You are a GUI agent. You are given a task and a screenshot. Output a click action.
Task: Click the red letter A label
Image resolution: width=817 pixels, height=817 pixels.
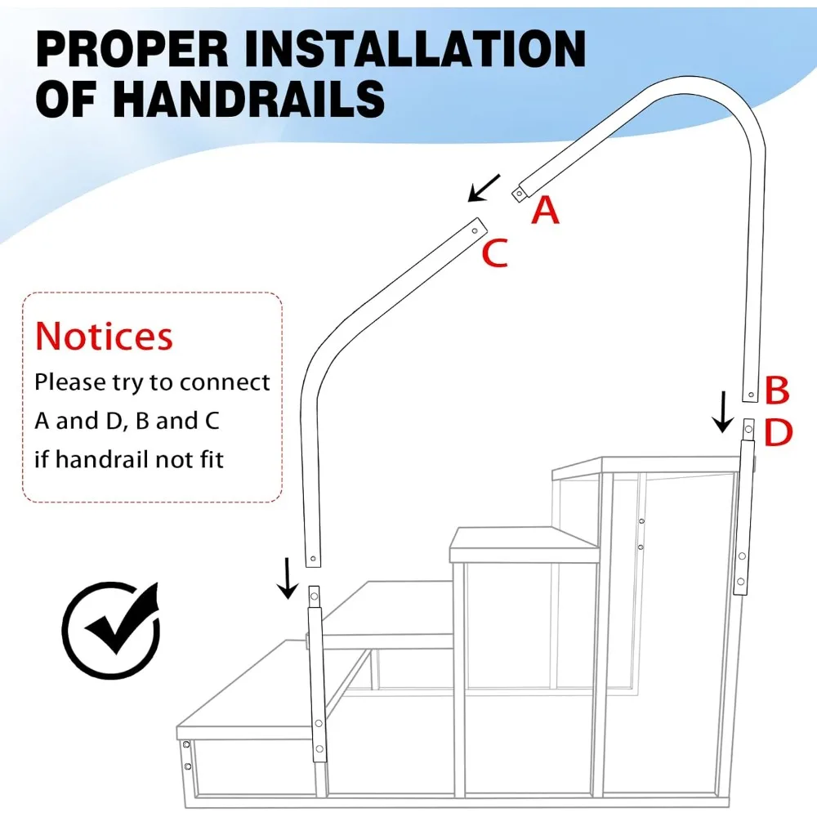pos(545,210)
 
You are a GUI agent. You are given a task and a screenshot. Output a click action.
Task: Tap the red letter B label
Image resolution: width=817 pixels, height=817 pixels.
pos(776,391)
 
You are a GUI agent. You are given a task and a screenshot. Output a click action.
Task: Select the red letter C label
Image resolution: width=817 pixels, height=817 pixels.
pos(494,253)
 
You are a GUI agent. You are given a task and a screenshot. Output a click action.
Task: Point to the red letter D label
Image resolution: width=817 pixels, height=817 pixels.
pos(778,433)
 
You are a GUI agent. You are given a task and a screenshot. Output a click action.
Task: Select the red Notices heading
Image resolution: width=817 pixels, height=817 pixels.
pos(104,336)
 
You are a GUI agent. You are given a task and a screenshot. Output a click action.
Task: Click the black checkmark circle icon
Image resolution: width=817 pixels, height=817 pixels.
pos(110,629)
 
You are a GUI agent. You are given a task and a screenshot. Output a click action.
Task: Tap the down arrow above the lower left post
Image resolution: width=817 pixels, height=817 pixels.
pos(287,578)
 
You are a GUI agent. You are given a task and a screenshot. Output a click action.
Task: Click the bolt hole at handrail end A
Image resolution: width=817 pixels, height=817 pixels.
pos(518,194)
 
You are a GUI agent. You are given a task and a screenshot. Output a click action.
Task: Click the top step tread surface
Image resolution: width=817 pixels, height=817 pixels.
pos(645,467)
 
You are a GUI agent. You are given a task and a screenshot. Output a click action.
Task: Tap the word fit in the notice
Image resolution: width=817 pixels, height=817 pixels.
pos(208,459)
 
